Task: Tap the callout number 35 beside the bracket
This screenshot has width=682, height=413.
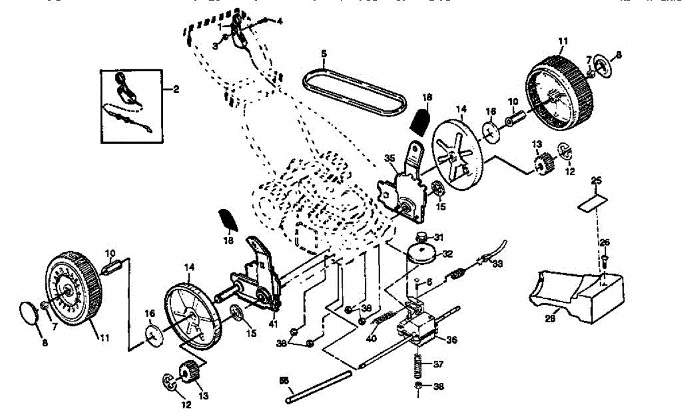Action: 389,158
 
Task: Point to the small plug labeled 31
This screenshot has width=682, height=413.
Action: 422,236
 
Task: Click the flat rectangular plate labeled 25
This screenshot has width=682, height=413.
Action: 592,202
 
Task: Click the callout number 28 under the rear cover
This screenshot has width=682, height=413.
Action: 550,319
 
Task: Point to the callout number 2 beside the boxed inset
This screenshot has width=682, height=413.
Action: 176,89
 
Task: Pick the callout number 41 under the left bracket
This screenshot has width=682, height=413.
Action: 274,324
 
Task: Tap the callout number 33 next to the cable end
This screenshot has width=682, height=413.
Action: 498,264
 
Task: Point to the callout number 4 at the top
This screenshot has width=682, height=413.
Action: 279,21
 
